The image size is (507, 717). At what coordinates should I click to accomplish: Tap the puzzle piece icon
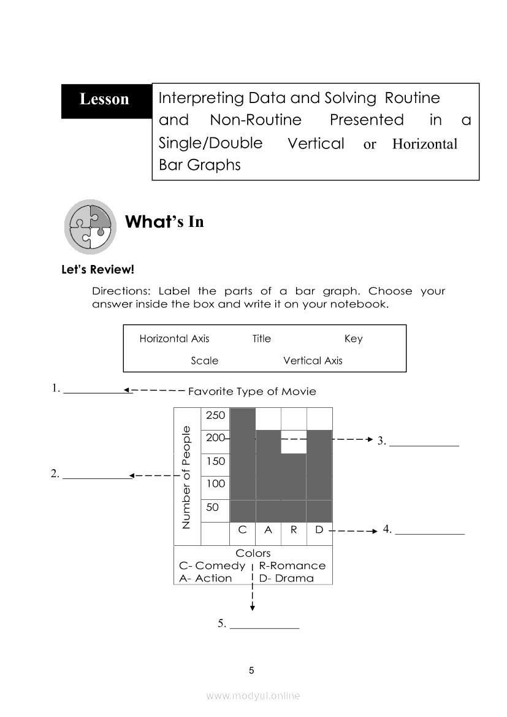(x=90, y=226)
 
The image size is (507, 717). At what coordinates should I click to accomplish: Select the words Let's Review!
(x=97, y=269)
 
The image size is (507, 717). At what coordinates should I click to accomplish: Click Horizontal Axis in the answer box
(x=174, y=339)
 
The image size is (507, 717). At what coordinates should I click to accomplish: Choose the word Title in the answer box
(x=261, y=339)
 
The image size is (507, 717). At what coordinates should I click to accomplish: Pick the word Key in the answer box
(x=353, y=339)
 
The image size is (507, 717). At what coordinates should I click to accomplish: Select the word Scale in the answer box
(x=204, y=361)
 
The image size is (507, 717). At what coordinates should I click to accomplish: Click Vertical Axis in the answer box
(x=313, y=361)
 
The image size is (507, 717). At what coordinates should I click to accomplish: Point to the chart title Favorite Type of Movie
(x=252, y=391)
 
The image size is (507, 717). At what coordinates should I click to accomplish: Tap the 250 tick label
(x=215, y=415)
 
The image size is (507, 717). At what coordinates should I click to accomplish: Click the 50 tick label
(x=212, y=507)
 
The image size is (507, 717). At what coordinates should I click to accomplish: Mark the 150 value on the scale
(x=215, y=461)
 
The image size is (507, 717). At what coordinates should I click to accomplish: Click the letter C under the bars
(x=242, y=530)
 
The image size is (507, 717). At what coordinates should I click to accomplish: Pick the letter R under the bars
(x=294, y=530)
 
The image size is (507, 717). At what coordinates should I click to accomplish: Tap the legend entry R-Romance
(x=292, y=566)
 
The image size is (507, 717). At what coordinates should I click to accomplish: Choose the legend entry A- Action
(x=205, y=578)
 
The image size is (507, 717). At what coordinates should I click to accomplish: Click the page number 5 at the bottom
(x=251, y=670)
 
